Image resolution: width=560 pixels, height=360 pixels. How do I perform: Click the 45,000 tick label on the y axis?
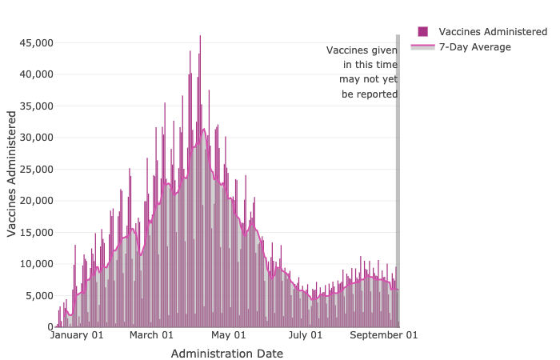coord(36,42)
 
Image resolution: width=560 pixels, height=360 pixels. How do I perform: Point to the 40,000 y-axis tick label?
coord(36,74)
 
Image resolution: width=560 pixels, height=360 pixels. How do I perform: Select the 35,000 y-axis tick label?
coord(36,106)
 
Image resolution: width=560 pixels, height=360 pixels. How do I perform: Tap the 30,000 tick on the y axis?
coord(36,138)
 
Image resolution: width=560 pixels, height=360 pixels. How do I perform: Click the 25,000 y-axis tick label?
coord(36,169)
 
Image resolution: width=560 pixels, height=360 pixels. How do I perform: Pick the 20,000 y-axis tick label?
coord(36,201)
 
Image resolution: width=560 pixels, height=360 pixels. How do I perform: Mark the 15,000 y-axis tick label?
coord(36,232)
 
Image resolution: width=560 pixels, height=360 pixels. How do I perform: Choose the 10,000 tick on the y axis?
coord(36,264)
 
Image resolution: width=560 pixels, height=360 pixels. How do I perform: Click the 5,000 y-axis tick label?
coord(38,295)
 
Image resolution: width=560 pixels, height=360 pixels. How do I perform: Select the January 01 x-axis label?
coord(77,335)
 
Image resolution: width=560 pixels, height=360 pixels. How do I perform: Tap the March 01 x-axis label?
coord(151,335)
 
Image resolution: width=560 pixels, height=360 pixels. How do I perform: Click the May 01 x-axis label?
coord(229,335)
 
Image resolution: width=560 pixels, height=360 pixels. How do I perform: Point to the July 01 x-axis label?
coord(306,335)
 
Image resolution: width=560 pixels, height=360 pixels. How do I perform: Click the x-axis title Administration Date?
coord(226,353)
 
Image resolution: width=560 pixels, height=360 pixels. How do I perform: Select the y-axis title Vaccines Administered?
coord(12,174)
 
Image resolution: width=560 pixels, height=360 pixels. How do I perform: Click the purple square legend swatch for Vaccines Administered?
coord(422,31)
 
